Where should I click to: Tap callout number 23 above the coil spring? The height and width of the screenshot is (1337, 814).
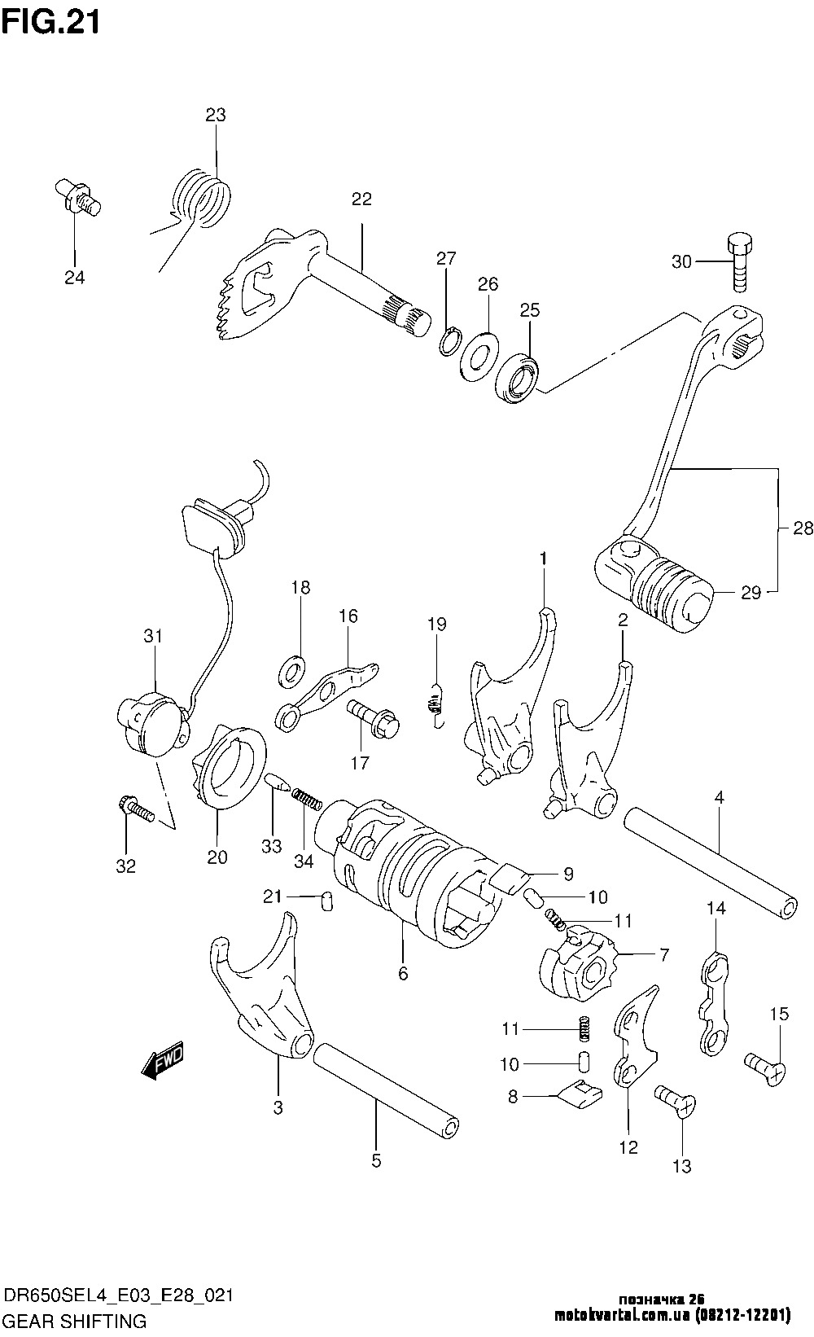click(x=216, y=115)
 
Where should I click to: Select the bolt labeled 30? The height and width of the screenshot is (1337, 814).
click(x=739, y=263)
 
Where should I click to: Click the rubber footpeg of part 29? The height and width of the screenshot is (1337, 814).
click(x=671, y=591)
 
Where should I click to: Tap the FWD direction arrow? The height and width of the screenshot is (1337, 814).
click(x=163, y=1062)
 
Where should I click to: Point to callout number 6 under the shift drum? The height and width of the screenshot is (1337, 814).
click(x=403, y=973)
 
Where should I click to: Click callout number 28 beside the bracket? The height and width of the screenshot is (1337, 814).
click(x=802, y=528)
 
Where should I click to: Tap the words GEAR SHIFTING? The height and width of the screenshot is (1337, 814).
click(x=75, y=1320)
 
